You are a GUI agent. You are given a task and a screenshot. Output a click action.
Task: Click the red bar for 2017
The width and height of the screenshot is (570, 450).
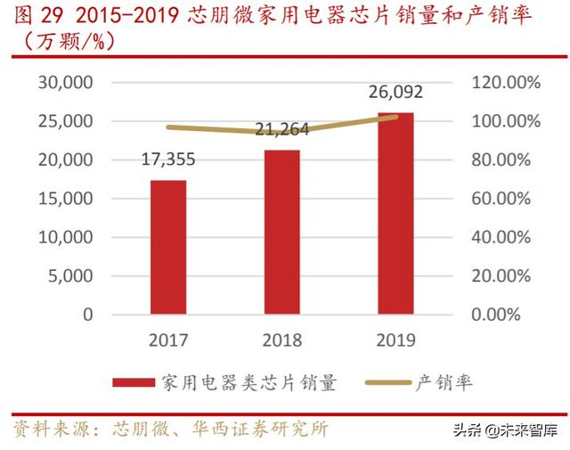[168, 247]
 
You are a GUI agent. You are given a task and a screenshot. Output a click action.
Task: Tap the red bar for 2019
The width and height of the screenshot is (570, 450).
[395, 213]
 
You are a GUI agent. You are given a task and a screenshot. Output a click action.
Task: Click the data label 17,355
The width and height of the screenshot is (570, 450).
[168, 160]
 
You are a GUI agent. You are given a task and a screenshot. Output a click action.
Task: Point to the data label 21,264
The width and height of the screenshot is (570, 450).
[281, 130]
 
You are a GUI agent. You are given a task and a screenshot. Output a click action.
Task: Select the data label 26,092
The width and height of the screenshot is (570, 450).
[395, 92]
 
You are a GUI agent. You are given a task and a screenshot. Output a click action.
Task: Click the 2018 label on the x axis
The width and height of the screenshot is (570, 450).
[281, 340]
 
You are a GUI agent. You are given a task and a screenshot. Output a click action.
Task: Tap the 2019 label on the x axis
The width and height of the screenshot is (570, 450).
[395, 340]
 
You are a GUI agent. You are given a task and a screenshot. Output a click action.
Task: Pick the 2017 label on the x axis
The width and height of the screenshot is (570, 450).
[168, 340]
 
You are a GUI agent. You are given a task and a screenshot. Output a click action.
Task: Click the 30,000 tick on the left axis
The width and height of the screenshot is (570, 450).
[64, 83]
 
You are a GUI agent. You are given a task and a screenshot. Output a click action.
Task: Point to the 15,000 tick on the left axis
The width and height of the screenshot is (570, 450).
[64, 199]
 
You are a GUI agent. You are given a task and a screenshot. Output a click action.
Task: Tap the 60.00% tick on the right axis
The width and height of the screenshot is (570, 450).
[501, 199]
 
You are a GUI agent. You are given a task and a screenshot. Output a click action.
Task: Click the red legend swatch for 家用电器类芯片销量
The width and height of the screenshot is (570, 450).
[134, 383]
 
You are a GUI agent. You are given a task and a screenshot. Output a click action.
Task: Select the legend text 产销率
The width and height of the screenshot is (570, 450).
[444, 383]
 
